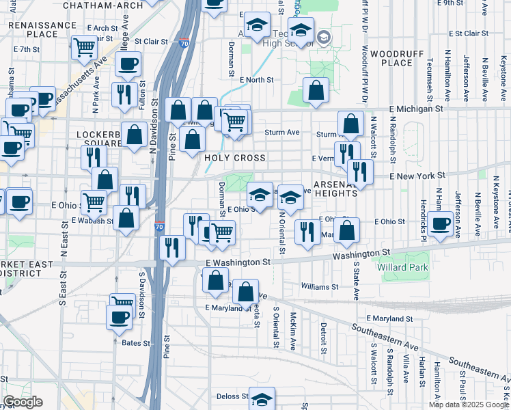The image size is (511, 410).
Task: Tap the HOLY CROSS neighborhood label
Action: point(234,158)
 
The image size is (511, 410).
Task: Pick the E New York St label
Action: point(417,176)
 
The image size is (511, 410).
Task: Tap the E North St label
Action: point(256,80)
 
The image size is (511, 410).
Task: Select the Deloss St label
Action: point(232,396)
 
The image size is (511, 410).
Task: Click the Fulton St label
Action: point(143,94)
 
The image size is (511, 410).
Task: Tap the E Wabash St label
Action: point(92,221)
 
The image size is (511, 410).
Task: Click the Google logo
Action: point(23,402)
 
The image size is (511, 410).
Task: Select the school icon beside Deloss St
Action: point(262,398)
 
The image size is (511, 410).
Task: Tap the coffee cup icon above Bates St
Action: point(120,316)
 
